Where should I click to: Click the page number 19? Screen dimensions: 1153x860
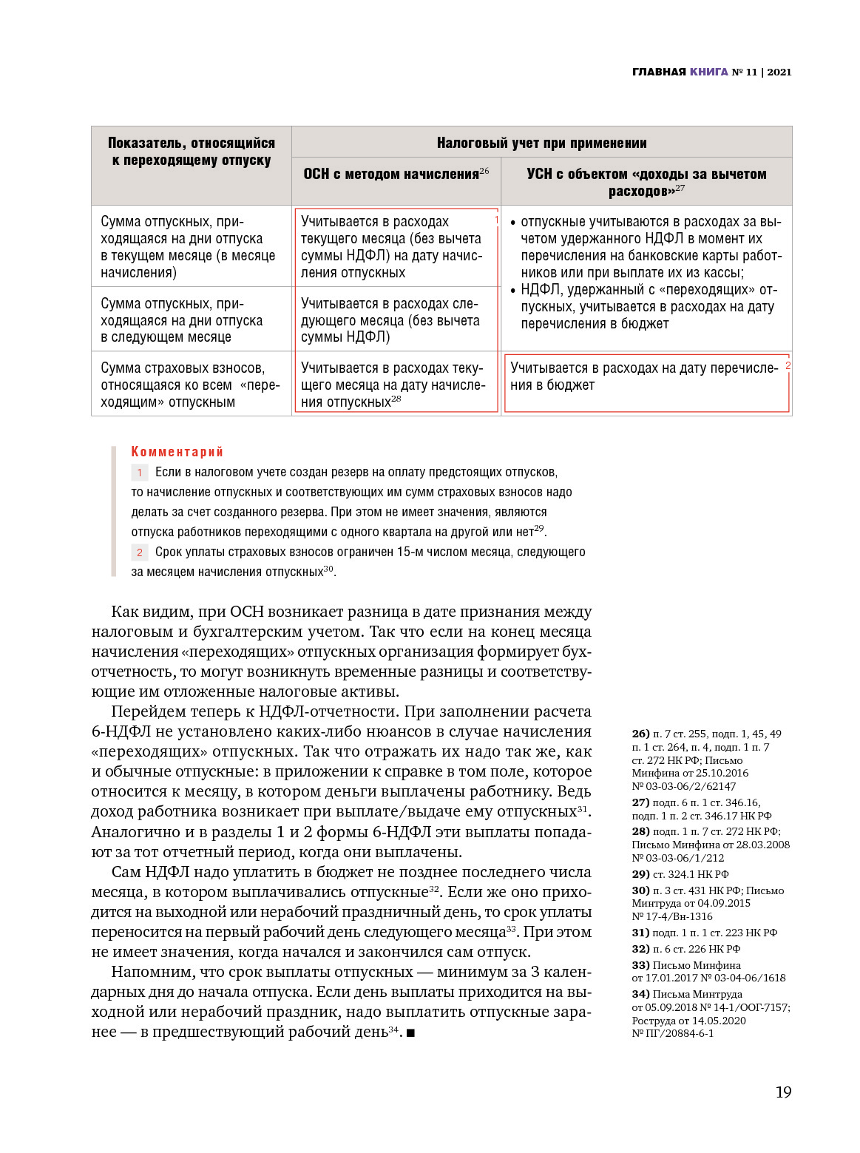click(783, 1092)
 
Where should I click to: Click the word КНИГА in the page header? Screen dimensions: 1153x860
click(709, 72)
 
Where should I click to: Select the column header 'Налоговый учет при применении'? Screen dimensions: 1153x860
click(541, 143)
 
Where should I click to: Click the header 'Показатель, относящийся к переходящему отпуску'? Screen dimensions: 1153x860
click(192, 152)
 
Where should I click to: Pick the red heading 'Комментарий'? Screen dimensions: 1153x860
click(177, 451)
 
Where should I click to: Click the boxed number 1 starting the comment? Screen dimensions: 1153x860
click(139, 472)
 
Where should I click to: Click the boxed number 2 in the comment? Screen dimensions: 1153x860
click(139, 552)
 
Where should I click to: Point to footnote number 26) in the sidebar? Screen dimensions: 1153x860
click(640, 734)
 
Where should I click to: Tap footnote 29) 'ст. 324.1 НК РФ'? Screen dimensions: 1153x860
click(680, 874)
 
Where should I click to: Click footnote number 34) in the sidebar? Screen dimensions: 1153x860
click(640, 994)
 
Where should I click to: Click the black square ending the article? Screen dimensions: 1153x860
click(410, 1032)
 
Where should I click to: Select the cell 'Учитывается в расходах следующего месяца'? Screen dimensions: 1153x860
click(390, 320)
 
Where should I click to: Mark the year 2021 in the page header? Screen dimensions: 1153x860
click(779, 72)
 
